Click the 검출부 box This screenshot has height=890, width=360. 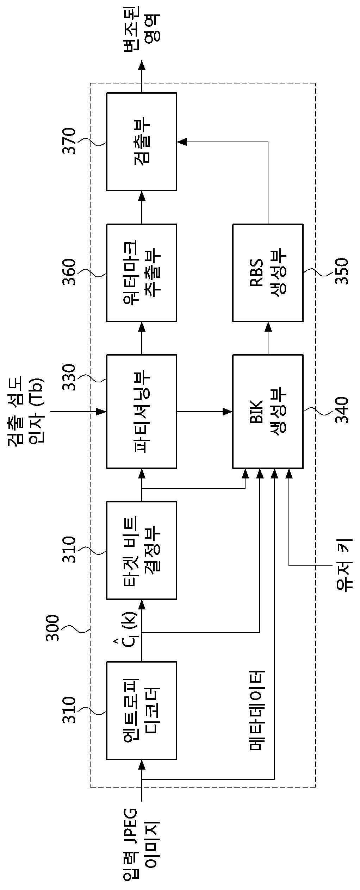pos(142,142)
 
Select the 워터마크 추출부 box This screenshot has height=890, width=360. pos(142,272)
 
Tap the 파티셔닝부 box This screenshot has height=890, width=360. pos(142,411)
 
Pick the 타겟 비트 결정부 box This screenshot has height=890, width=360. pos(142,550)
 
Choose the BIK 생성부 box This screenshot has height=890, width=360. pos(268,411)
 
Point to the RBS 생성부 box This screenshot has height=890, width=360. pos(268,272)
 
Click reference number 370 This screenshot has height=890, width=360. pos(69,141)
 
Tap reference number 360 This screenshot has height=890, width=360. pos(69,272)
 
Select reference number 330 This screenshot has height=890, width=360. pos(69,377)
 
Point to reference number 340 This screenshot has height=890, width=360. pos(341,410)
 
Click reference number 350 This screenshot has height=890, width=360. pos(341,271)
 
